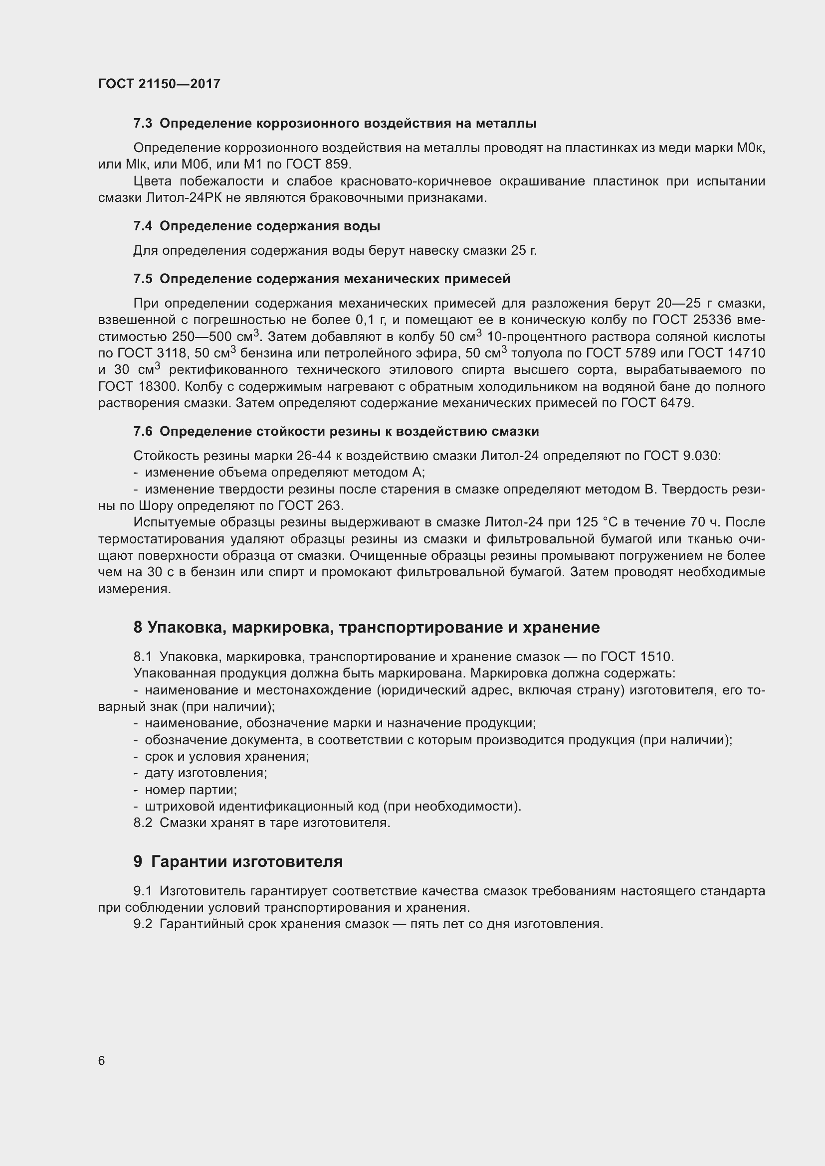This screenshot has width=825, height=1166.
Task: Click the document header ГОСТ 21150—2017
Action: point(159,84)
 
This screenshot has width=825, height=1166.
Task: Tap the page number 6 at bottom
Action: point(102,1060)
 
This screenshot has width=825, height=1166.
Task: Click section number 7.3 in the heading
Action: point(143,124)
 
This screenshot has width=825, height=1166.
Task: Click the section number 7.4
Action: point(143,226)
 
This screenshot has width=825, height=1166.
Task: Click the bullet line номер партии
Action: point(191,790)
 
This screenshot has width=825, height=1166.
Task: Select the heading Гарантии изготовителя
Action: point(247,861)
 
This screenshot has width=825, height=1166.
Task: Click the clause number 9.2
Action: point(143,924)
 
